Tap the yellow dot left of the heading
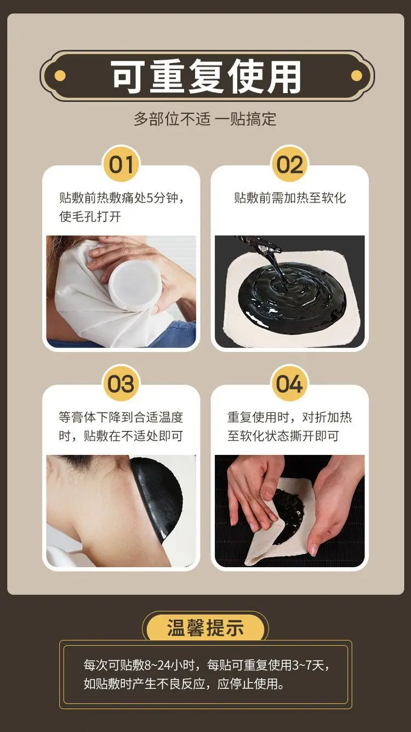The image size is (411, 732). click(x=60, y=76)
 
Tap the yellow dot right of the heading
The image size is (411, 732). click(x=357, y=76)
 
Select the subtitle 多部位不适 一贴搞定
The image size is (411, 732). click(x=205, y=119)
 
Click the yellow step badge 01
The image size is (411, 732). click(x=121, y=164)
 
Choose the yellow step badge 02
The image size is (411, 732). click(x=290, y=164)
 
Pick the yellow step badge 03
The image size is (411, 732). click(x=121, y=384)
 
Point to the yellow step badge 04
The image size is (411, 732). click(x=290, y=384)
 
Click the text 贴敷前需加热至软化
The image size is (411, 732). click(x=290, y=198)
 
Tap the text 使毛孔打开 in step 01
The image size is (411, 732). click(x=90, y=216)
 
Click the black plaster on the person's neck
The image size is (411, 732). click(x=157, y=499)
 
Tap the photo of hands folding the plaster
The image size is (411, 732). click(x=290, y=511)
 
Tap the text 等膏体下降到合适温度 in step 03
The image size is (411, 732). click(x=121, y=417)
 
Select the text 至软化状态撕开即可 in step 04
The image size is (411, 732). click(x=283, y=436)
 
